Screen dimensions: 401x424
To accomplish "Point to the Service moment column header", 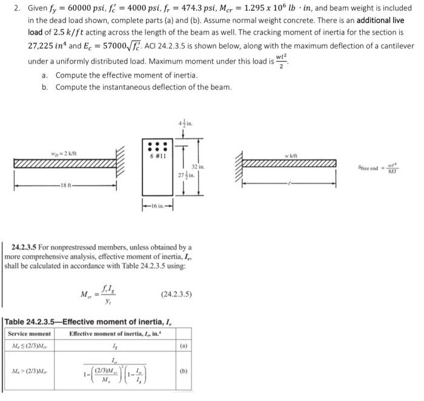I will coord(29,335).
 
